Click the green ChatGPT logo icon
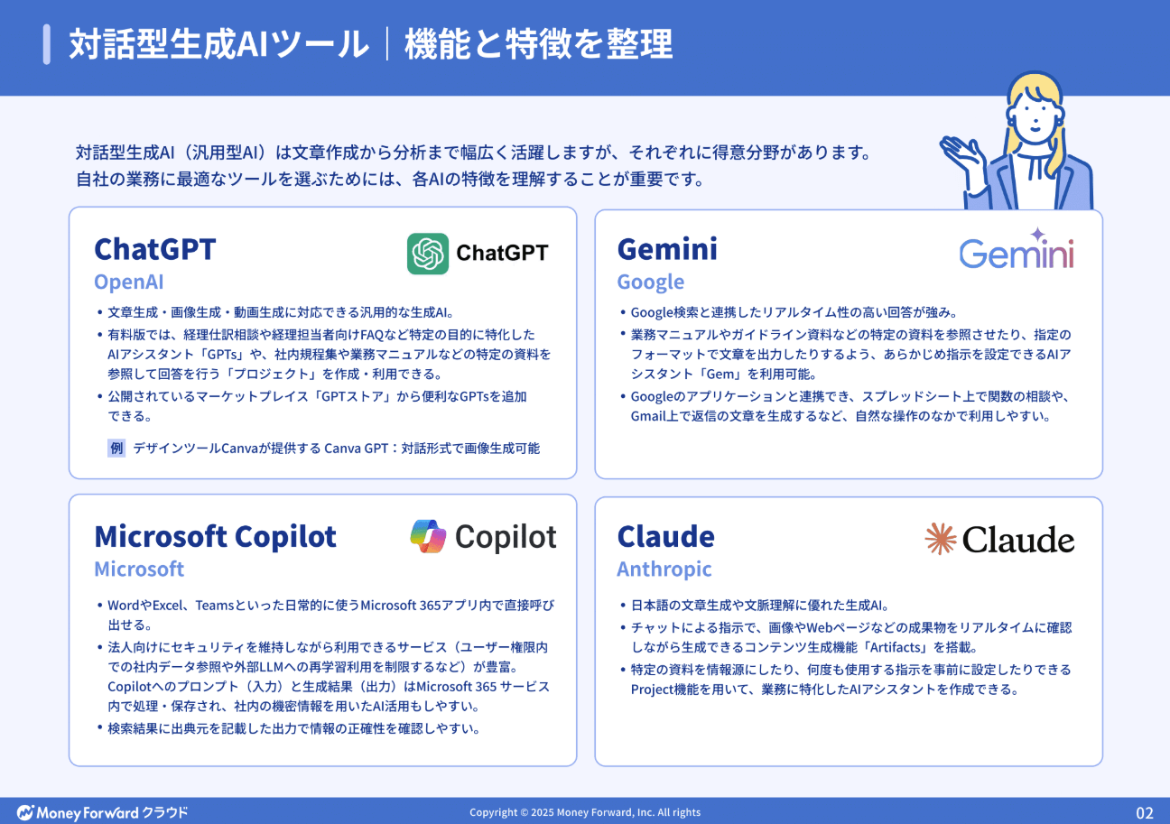(x=428, y=254)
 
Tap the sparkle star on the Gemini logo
(x=1037, y=234)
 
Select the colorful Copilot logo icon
(x=428, y=537)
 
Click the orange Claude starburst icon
(x=940, y=539)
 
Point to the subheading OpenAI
(x=128, y=282)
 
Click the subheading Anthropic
(x=664, y=569)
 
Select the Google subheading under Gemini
(x=650, y=282)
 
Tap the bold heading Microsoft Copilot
(x=215, y=536)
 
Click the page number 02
(x=1144, y=812)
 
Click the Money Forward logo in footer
(x=102, y=812)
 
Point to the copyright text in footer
(x=584, y=812)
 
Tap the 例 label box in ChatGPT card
(x=116, y=448)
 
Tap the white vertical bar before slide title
(x=46, y=44)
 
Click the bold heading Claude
(x=665, y=536)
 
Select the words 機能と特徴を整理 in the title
(x=538, y=44)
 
